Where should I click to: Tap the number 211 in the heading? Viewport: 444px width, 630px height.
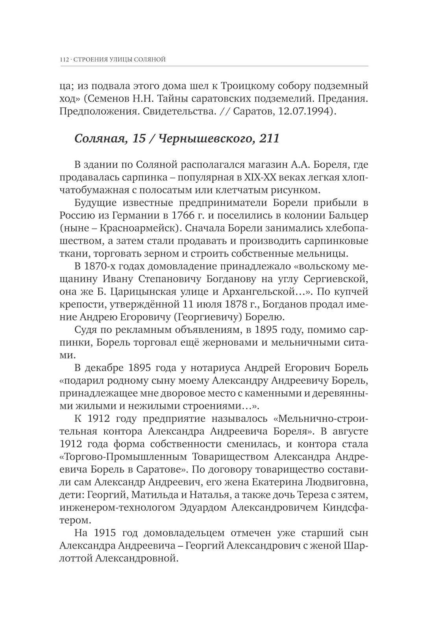[269, 139]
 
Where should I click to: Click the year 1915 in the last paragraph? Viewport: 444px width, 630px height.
[105, 533]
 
